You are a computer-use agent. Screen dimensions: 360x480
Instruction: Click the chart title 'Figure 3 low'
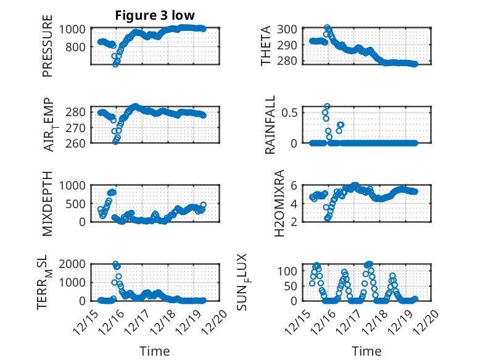click(x=155, y=16)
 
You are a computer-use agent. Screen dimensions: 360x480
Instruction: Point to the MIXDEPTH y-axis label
click(x=48, y=203)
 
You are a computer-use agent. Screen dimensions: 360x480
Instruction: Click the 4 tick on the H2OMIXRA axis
click(x=294, y=203)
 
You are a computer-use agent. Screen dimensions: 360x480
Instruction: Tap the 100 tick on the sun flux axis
click(x=288, y=271)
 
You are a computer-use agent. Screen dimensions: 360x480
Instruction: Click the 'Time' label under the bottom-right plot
click(x=366, y=351)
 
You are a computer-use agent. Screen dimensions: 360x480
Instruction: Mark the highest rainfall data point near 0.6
click(x=327, y=107)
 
